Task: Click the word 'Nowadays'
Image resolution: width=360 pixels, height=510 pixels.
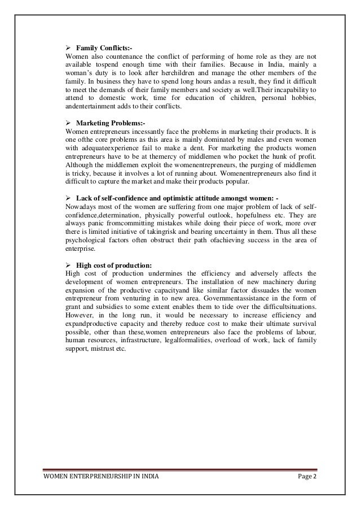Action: [x=82, y=205]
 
